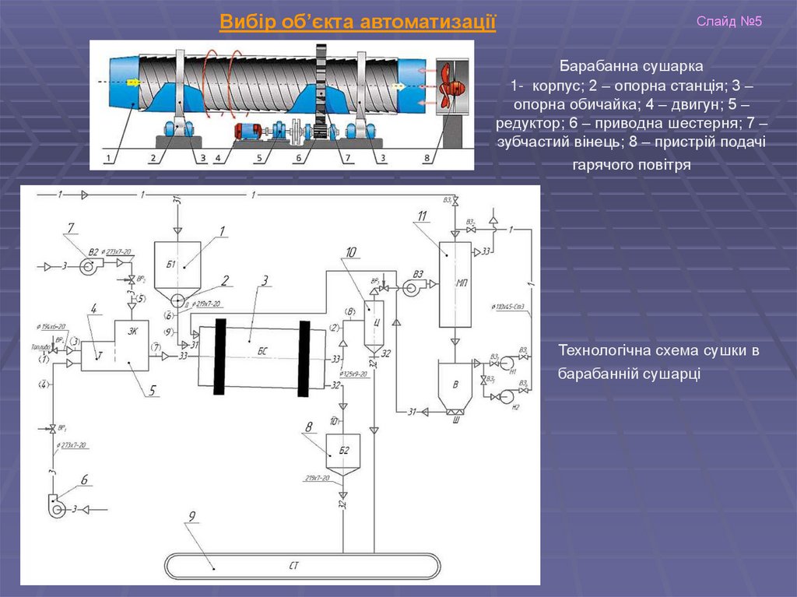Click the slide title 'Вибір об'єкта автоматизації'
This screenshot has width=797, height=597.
point(357,22)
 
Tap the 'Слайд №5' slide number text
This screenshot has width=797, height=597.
point(729,21)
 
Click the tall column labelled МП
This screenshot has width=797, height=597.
point(455,284)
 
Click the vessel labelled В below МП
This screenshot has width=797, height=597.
point(455,384)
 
